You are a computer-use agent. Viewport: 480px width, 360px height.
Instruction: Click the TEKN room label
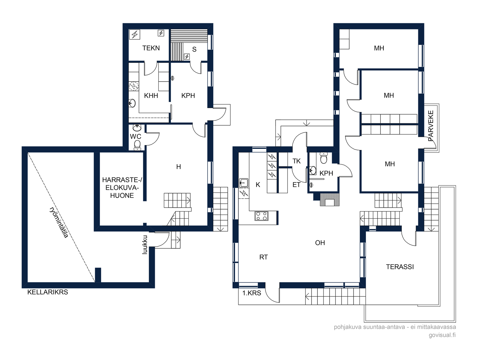[x=151, y=48]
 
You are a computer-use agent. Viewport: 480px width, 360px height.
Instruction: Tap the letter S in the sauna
[x=194, y=49]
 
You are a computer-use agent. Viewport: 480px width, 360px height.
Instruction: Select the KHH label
[x=151, y=95]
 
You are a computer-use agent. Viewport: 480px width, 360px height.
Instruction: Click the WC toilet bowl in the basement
[x=137, y=145]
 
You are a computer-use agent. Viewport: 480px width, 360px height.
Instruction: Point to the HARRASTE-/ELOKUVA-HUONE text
[x=122, y=187]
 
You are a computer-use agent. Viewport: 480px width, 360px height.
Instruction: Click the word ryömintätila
[x=59, y=222]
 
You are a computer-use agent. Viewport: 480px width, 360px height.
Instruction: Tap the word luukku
[x=145, y=244]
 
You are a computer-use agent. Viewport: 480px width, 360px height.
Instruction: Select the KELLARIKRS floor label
[x=48, y=292]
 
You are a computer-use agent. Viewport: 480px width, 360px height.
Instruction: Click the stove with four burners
[x=261, y=216]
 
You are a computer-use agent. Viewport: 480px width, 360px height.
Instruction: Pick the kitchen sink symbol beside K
[x=244, y=183]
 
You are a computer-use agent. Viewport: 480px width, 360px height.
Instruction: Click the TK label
[x=296, y=161]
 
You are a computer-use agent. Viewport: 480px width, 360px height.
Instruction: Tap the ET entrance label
[x=296, y=185]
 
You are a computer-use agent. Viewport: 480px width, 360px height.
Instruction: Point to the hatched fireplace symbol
[x=329, y=199]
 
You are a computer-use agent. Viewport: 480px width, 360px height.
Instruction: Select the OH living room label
[x=320, y=243]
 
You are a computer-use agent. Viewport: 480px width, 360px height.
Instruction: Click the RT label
[x=263, y=257]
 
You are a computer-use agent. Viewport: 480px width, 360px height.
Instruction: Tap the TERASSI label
[x=400, y=267]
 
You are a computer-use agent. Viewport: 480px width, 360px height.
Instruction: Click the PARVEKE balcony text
[x=430, y=126]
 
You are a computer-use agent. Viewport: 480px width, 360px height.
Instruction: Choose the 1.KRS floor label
[x=252, y=293]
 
